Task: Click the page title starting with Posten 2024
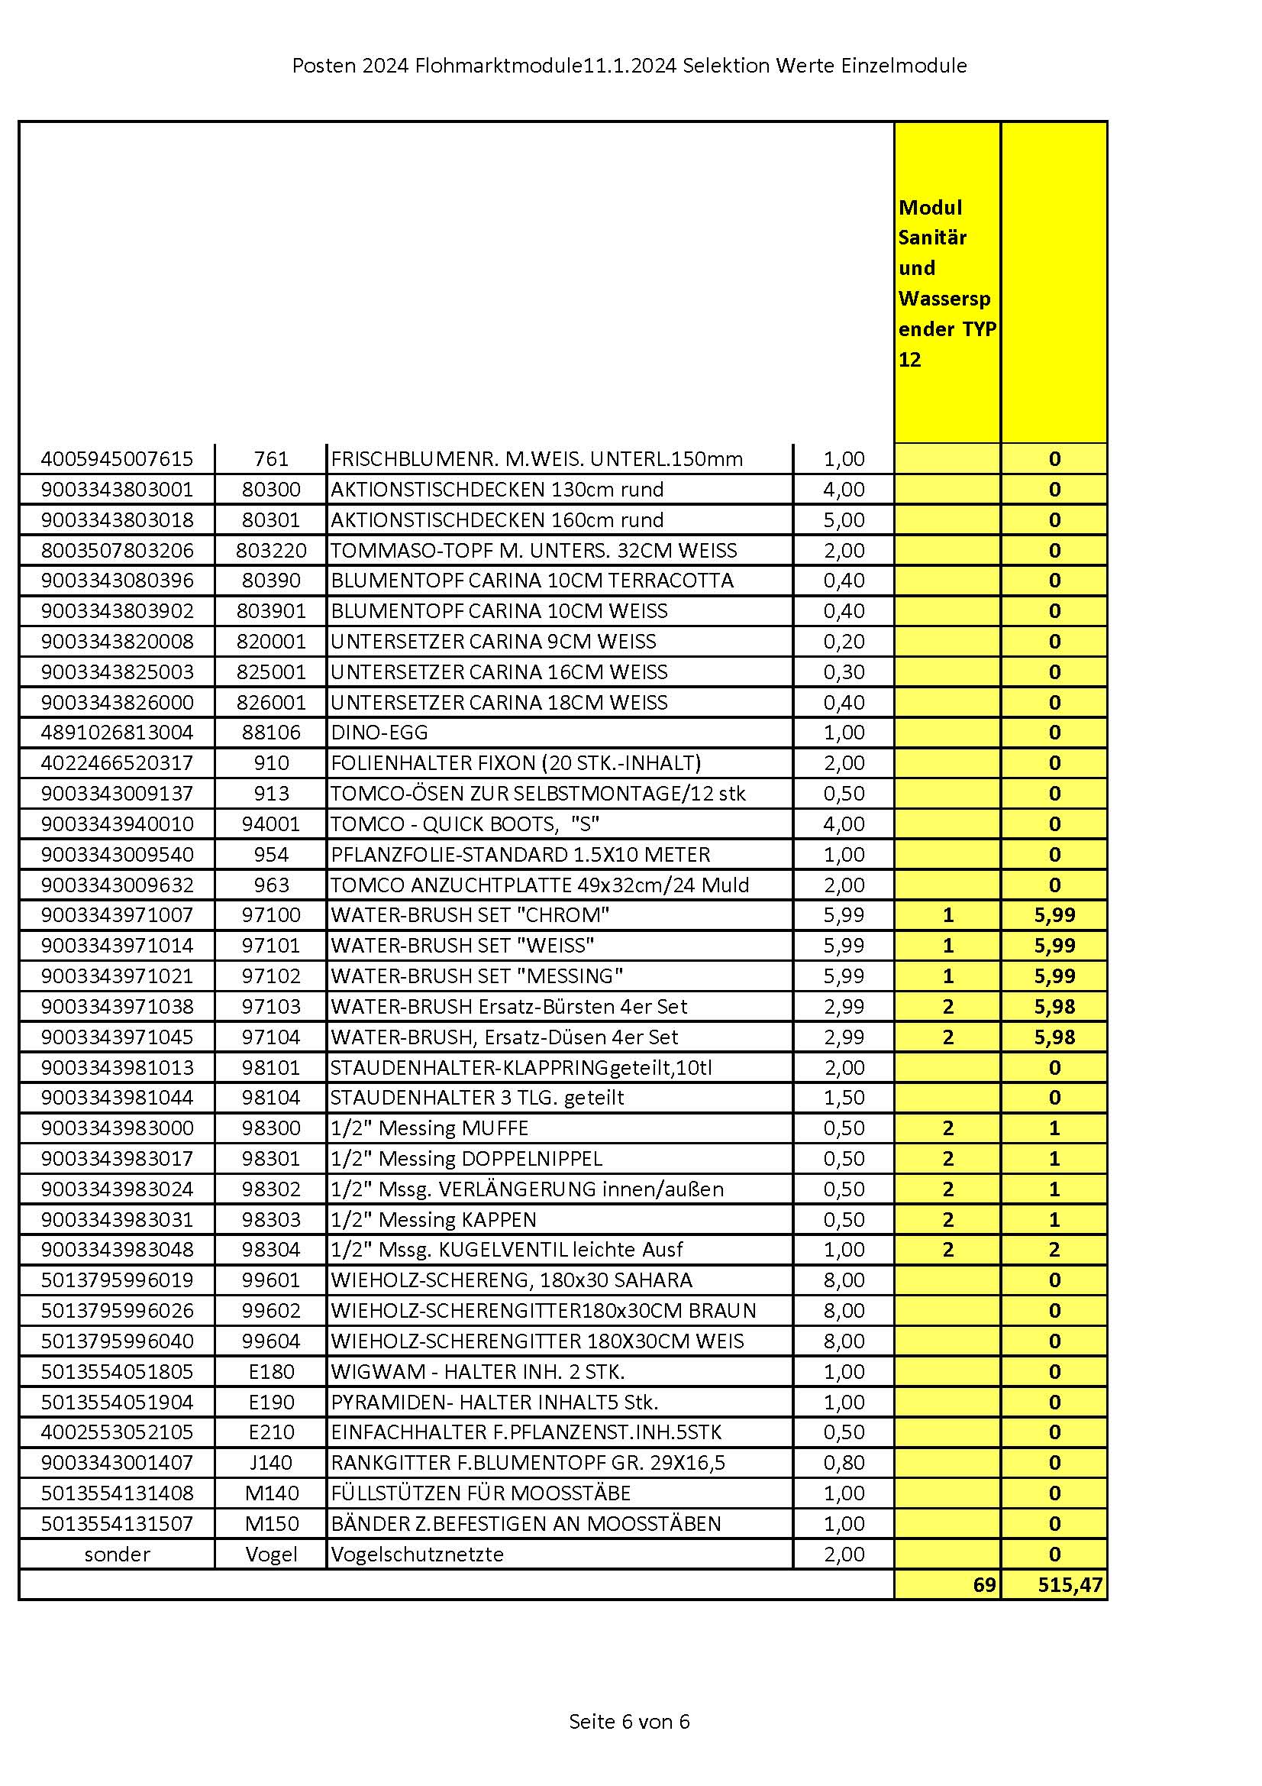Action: (x=629, y=66)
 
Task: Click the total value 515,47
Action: (x=1070, y=1584)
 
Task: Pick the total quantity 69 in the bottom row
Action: (x=983, y=1584)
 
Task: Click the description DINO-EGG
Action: (x=379, y=733)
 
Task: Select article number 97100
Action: (x=270, y=916)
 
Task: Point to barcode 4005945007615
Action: (x=117, y=459)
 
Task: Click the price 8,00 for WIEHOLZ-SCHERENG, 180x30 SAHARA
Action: (x=844, y=1280)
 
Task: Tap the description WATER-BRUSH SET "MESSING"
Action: (x=476, y=976)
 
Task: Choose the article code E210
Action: (x=270, y=1432)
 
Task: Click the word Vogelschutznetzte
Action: (x=418, y=1555)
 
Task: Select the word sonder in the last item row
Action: (x=117, y=1555)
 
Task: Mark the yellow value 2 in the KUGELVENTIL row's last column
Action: (x=1054, y=1250)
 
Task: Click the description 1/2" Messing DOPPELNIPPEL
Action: (x=466, y=1159)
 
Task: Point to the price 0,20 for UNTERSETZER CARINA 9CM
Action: (x=844, y=642)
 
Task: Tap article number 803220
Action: (x=270, y=551)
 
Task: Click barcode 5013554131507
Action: (x=117, y=1524)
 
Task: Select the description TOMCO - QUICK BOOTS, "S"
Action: (x=465, y=824)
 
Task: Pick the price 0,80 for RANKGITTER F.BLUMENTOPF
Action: (x=844, y=1463)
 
